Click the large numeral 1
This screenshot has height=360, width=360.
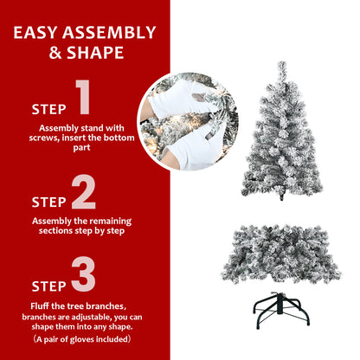(83, 99)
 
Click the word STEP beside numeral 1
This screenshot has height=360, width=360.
(48, 110)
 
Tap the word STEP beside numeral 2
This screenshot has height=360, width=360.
(48, 202)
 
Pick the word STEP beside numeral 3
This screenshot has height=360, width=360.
(48, 286)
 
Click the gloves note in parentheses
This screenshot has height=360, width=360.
(83, 340)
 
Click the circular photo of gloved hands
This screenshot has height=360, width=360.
(187, 121)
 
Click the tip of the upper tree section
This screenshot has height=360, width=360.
(281, 66)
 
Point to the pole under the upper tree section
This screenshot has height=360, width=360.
(281, 195)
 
